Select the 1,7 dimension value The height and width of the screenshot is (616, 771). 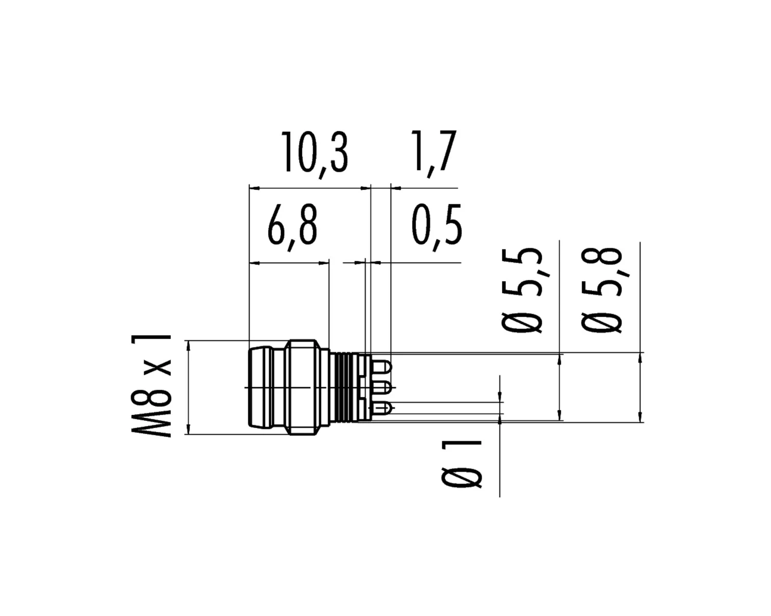(433, 153)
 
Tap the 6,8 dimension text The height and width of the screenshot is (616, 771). (292, 228)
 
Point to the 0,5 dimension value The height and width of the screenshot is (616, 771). (436, 228)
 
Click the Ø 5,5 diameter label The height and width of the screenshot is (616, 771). (522, 290)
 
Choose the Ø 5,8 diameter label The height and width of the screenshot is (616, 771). (601, 290)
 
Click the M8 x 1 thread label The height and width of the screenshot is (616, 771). (151, 386)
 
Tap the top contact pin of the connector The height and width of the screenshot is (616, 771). (382, 367)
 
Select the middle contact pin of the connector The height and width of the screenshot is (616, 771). (382, 387)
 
